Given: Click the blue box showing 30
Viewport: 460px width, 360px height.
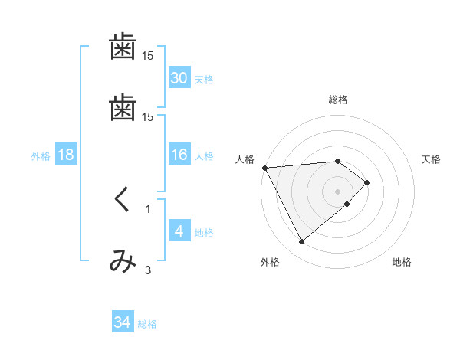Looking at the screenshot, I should pyautogui.click(x=179, y=78).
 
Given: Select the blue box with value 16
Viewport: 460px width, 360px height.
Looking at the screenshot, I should pyautogui.click(x=179, y=155).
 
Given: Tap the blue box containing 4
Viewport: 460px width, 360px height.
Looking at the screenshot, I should pyautogui.click(x=179, y=231).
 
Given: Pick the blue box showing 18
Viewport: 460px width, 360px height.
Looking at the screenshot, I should pyautogui.click(x=66, y=155).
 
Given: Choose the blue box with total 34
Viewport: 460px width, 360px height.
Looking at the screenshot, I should pyautogui.click(x=123, y=323).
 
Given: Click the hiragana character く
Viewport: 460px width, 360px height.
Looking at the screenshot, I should pyautogui.click(x=123, y=201).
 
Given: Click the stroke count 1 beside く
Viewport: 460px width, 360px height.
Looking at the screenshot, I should pyautogui.click(x=148, y=208).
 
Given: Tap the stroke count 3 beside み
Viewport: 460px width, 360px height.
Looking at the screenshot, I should pyautogui.click(x=148, y=270).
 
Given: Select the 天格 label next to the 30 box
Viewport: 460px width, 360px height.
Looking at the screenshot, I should pyautogui.click(x=204, y=80).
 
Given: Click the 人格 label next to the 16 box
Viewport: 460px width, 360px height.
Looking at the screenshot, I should pyautogui.click(x=204, y=156).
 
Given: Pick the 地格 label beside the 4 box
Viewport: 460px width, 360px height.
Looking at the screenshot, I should pyautogui.click(x=204, y=232).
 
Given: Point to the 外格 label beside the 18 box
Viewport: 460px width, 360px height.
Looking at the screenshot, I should pyautogui.click(x=41, y=156).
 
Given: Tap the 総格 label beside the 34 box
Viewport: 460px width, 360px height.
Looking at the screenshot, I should pyautogui.click(x=147, y=325).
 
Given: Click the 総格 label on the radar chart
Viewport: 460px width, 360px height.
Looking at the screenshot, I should pyautogui.click(x=338, y=100).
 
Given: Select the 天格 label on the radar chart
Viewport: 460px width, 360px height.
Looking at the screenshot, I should pyautogui.click(x=432, y=159).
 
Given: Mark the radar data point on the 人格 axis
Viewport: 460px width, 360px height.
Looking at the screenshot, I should pyautogui.click(x=264, y=168).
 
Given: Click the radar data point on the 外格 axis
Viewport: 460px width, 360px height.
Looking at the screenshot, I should pyautogui.click(x=301, y=242).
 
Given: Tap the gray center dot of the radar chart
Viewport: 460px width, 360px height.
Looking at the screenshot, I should pyautogui.click(x=338, y=191).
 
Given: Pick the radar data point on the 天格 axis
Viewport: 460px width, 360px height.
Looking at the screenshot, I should pyautogui.click(x=367, y=182).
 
